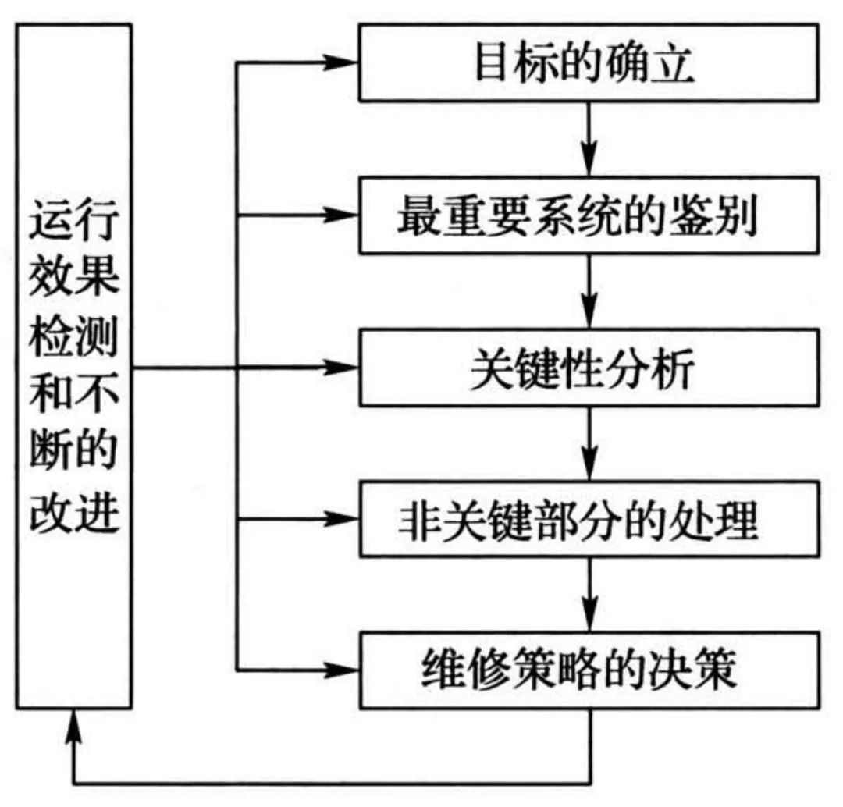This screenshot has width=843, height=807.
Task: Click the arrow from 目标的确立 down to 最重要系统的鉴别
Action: [x=591, y=140]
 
